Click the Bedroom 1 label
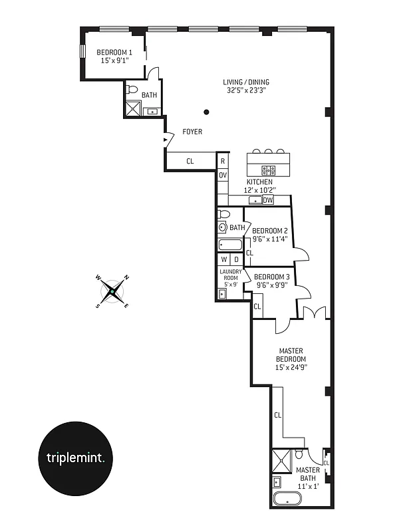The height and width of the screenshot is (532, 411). pos(114,52)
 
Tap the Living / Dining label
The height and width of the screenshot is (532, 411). pos(246,82)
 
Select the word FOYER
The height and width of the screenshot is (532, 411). pos(192,132)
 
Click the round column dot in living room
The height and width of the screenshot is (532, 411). pos(207,112)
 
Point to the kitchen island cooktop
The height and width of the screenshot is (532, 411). pos(269,169)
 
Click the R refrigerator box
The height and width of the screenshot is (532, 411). pos(223,161)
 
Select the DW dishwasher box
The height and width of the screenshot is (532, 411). pos(268,199)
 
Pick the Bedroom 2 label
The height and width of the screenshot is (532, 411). pos(269,231)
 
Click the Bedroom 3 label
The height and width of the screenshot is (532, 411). pos(271,277)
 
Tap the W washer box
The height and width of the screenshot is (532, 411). pos(224,259)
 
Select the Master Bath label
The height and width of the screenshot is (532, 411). pos(308,474)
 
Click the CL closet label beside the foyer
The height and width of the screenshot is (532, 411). pos(190,161)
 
